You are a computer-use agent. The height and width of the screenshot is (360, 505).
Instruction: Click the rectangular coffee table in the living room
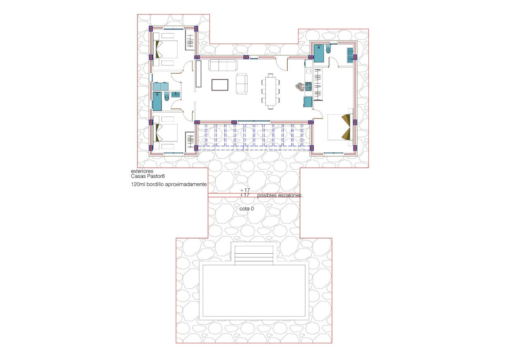tap(220, 84)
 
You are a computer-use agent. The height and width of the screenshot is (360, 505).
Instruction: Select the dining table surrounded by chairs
tap(270, 91)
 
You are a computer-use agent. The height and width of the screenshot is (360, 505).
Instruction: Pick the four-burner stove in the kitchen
tap(308, 86)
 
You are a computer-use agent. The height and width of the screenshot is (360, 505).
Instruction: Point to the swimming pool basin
tap(254, 290)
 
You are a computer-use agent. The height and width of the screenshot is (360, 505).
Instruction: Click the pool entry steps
tap(254, 254)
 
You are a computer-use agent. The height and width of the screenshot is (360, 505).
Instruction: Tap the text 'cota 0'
tap(247, 209)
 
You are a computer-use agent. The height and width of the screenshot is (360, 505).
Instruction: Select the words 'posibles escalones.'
tap(280, 195)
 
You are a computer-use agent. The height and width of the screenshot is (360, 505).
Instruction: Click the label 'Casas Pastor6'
tap(148, 176)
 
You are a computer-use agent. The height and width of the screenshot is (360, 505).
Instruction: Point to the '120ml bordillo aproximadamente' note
tap(168, 185)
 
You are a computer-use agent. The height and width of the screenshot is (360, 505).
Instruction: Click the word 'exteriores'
tap(142, 171)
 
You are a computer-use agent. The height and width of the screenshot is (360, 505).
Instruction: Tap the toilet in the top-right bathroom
tap(328, 50)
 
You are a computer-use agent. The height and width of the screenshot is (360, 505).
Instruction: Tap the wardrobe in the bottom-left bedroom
tap(190, 141)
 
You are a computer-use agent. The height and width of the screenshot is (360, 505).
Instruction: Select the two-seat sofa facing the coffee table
tap(242, 83)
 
